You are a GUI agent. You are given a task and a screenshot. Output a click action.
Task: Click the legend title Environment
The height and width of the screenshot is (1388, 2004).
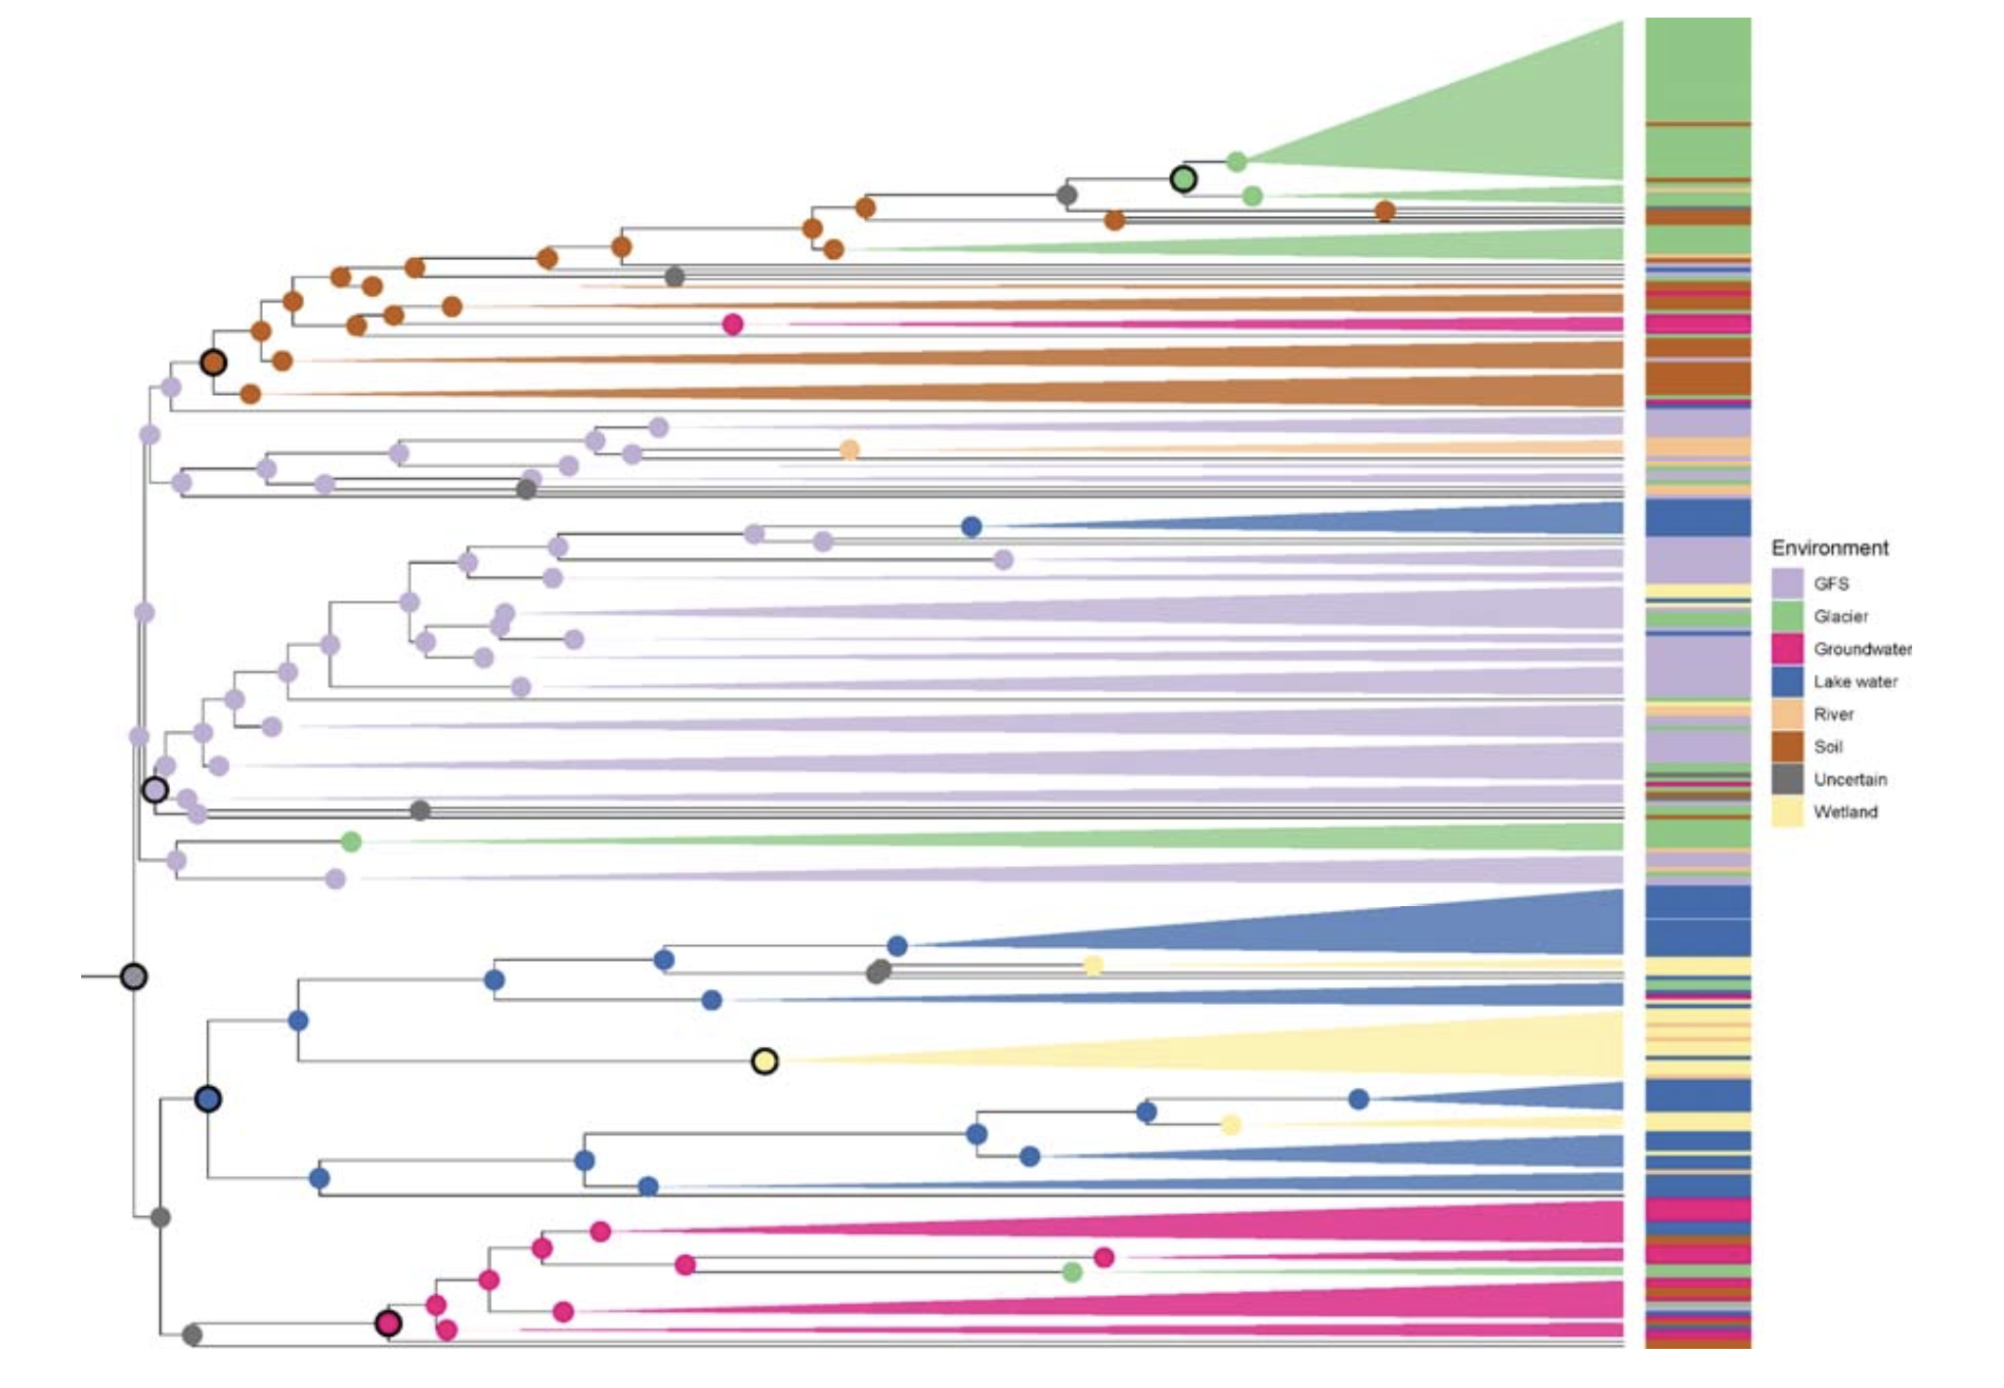click(1829, 548)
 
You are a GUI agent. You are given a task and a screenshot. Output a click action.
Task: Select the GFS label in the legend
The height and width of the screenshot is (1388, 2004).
click(1831, 584)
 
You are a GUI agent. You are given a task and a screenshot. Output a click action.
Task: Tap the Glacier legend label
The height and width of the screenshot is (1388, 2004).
click(1841, 616)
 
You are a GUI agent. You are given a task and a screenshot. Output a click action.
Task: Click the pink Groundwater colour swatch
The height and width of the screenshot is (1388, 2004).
click(1787, 649)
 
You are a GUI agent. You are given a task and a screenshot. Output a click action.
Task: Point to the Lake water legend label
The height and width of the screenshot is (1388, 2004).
click(1854, 681)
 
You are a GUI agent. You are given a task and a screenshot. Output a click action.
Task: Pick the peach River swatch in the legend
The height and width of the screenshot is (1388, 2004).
click(1787, 715)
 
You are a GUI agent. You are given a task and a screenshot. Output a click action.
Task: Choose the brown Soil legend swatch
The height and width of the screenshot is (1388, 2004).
click(1787, 747)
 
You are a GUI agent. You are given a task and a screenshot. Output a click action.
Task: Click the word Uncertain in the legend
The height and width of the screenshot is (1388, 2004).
click(1850, 779)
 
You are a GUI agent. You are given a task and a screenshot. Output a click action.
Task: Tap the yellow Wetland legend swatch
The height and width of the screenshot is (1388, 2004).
click(1787, 812)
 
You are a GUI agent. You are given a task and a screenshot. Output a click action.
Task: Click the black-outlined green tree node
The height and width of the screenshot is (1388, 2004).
click(1183, 179)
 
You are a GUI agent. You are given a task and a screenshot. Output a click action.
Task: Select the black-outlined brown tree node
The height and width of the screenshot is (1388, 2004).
click(213, 363)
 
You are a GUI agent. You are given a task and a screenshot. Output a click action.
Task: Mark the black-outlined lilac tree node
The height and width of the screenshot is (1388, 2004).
click(154, 790)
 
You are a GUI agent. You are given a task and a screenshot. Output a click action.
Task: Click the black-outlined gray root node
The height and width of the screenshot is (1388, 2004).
click(134, 976)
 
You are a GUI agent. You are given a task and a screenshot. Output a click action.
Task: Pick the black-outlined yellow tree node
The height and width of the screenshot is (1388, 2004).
click(764, 1061)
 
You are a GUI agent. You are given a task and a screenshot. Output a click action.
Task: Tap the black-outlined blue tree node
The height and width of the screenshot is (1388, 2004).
click(207, 1099)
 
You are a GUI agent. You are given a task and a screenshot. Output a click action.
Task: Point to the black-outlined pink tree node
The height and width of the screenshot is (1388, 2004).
click(388, 1323)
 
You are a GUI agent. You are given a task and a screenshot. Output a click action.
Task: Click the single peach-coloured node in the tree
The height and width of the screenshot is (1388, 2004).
click(850, 450)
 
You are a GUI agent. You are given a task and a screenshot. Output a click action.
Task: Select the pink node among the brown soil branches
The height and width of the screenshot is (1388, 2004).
click(732, 325)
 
